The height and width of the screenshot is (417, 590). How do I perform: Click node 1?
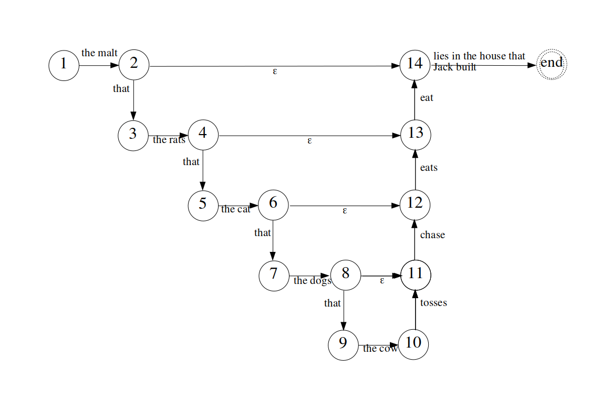click(64, 66)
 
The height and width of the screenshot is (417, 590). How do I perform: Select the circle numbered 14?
click(415, 65)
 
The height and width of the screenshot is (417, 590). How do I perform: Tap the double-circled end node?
click(552, 64)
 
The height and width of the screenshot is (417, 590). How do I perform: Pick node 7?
click(274, 276)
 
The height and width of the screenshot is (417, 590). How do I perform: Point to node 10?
click(413, 344)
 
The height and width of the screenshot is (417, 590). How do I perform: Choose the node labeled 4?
click(203, 135)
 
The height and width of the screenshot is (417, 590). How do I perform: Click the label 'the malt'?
click(99, 53)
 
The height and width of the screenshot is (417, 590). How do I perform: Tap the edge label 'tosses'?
click(433, 303)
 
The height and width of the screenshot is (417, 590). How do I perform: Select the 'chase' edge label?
click(432, 235)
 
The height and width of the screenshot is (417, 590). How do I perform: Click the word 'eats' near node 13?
click(429, 168)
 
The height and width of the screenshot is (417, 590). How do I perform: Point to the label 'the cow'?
click(380, 349)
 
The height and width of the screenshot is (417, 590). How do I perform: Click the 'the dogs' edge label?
click(312, 281)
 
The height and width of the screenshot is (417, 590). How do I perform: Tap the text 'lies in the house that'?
click(479, 56)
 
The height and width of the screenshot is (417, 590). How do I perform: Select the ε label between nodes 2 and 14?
click(275, 71)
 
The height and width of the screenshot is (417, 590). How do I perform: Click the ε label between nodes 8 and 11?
click(382, 281)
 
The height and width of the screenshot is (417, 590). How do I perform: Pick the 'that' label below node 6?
click(262, 233)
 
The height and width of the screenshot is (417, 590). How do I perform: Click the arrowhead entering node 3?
click(133, 116)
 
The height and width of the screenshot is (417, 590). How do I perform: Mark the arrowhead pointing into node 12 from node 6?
click(396, 206)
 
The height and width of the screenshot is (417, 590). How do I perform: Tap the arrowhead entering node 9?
click(343, 326)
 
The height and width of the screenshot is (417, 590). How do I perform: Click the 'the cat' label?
click(235, 209)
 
